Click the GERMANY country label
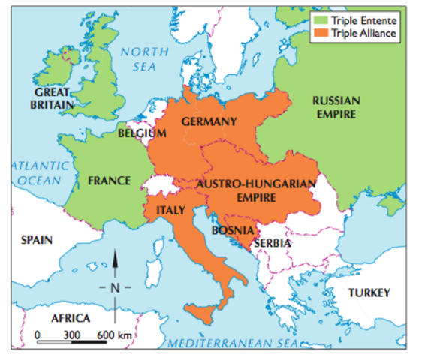click(209, 121)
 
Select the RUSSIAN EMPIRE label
click(336, 106)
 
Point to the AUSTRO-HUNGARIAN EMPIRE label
click(256, 190)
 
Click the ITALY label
click(170, 211)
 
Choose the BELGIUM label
click(142, 133)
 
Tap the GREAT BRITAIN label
click(52, 98)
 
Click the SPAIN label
click(37, 240)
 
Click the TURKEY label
click(369, 292)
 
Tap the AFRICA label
click(70, 317)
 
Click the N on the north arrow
click(115, 286)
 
